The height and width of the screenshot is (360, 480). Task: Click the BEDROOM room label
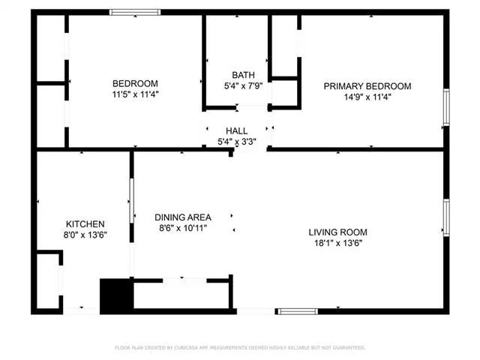tap(135, 83)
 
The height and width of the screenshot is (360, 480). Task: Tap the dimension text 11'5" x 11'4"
tap(135, 94)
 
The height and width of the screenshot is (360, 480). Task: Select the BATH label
tap(243, 75)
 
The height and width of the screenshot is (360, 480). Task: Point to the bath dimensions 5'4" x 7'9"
tap(243, 85)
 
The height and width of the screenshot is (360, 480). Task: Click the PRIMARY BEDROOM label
tap(367, 86)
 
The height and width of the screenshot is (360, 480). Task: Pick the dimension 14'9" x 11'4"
tap(367, 97)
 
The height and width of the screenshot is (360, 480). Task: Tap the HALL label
tap(236, 131)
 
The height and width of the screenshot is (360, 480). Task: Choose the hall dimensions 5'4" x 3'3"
tap(236, 142)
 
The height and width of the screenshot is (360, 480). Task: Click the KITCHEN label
tap(85, 224)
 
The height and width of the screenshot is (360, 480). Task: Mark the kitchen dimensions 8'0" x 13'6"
tap(85, 235)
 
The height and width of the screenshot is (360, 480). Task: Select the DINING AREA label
tap(183, 217)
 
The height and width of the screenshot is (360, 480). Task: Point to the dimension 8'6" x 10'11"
tap(183, 228)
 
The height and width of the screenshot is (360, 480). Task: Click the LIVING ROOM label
tap(337, 232)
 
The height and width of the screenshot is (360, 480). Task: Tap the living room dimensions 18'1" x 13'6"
tap(337, 243)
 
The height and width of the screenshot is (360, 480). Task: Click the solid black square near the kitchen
tap(115, 295)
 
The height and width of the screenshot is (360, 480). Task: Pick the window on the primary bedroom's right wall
tap(446, 107)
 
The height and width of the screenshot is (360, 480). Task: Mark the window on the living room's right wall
tap(446, 217)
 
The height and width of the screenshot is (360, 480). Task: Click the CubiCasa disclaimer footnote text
tap(240, 348)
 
